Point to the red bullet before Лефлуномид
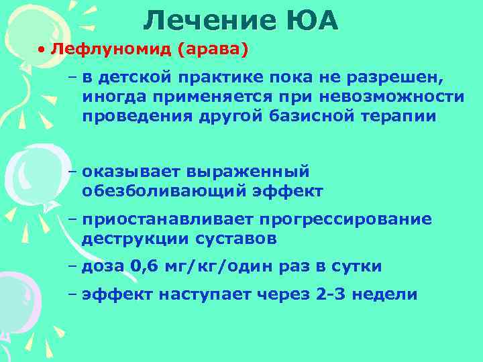click(42, 51)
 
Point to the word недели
click(388, 295)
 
